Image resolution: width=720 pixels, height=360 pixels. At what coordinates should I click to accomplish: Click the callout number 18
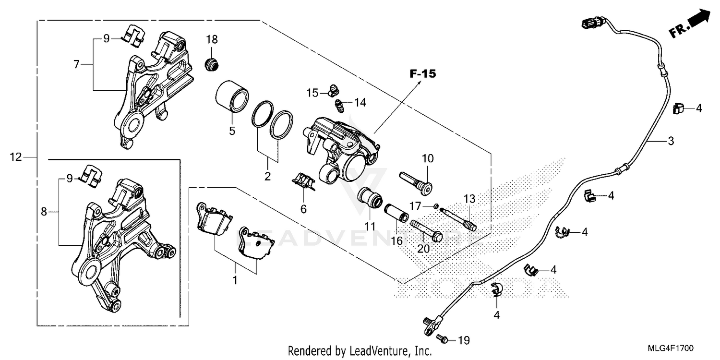(212, 39)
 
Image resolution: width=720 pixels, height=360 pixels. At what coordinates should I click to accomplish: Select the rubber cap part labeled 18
(211, 64)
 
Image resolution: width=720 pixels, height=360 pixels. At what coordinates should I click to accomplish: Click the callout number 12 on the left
(16, 157)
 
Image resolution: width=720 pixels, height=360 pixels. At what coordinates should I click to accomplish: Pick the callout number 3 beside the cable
(671, 141)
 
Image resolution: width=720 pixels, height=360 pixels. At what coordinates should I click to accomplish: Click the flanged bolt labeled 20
(427, 231)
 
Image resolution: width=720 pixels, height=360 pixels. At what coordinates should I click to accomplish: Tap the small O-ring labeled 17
(435, 206)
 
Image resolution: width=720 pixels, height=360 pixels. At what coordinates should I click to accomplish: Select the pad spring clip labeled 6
(304, 181)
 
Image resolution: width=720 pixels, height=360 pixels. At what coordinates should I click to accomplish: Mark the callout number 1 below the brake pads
(235, 280)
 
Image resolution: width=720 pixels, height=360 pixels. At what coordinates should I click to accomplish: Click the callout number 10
(427, 157)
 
